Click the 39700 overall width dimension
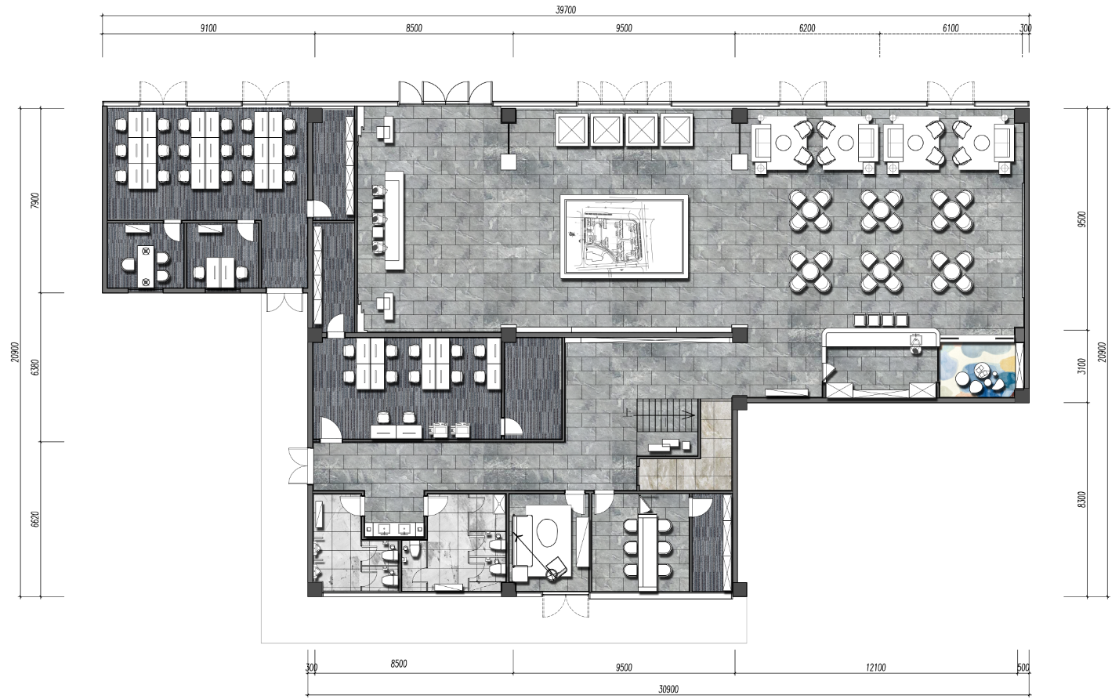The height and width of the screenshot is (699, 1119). tap(566, 9)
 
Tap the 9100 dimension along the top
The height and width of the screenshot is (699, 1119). tap(208, 28)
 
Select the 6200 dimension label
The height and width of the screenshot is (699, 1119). tap(807, 28)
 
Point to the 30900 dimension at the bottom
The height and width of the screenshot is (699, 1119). tap(668, 689)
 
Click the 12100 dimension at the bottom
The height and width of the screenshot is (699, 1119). tap(875, 667)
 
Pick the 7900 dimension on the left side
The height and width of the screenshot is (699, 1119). tap(34, 201)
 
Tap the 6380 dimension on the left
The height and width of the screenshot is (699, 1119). tap(34, 368)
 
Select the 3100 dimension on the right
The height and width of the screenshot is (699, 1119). tap(1081, 366)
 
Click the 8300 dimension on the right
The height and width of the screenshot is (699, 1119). tap(1081, 500)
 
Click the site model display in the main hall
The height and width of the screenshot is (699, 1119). tap(624, 237)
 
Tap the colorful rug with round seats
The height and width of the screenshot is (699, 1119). tap(978, 371)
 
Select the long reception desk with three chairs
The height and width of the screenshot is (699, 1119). tap(393, 220)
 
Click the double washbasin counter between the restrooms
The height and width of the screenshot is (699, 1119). tap(393, 529)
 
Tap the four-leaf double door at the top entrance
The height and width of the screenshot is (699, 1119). tap(445, 93)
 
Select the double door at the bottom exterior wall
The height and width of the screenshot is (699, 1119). tap(566, 606)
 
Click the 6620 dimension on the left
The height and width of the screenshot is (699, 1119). tap(34, 519)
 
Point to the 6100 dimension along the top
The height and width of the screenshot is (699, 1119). tap(951, 28)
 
